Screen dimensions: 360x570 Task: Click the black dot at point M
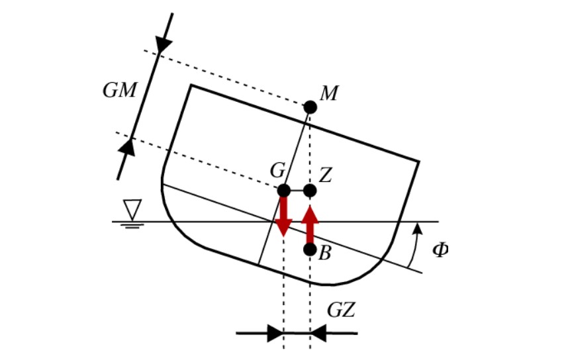(310, 107)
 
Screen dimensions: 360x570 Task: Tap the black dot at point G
(284, 191)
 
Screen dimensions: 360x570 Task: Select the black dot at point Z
(310, 191)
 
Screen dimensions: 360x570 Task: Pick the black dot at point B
(310, 249)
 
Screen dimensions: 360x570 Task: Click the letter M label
(329, 93)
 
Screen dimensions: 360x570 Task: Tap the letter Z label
(325, 175)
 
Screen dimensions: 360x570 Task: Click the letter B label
(325, 253)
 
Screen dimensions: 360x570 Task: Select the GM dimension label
(119, 91)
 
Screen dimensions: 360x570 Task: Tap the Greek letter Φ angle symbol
(440, 250)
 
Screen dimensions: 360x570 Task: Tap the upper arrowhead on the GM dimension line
(164, 45)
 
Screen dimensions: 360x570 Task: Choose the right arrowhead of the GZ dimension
(318, 333)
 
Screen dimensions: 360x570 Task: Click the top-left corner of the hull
(191, 85)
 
